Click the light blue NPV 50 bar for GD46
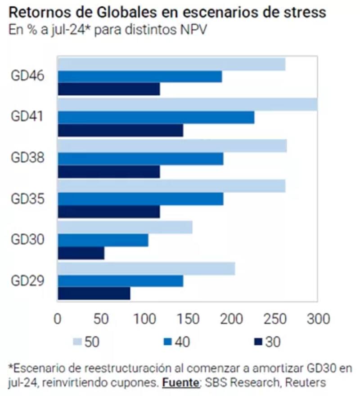pos(171,64)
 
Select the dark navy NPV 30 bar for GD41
pos(120,130)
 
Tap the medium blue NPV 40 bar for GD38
pos(140,159)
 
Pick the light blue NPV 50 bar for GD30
pos(125,227)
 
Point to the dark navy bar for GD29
pos(94,294)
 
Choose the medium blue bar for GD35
pos(140,199)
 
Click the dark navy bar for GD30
pos(81,253)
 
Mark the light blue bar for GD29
pos(146,269)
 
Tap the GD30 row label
pos(27,240)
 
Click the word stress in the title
pos(302,12)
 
